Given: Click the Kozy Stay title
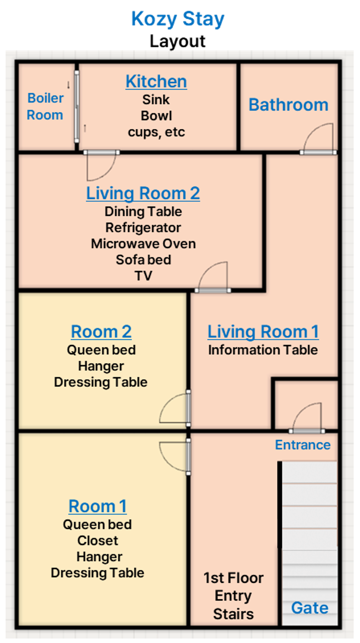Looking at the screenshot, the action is point(178,19).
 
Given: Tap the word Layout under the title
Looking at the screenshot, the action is point(177,41).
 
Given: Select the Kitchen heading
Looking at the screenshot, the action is point(156,81).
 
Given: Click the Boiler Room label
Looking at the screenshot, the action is point(45,106).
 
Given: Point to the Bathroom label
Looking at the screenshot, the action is point(289,105).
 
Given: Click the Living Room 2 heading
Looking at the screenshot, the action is point(143,193).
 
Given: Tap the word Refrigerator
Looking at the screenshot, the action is point(143,227).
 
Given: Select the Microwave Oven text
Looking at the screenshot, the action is point(143,244).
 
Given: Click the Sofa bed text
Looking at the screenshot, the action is point(143,260).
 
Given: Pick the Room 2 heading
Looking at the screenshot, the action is point(101,331).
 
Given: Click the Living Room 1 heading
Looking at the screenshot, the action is point(263,331).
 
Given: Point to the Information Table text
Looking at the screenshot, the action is point(263,350).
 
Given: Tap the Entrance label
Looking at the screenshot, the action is point(303,445).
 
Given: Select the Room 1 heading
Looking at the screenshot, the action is point(97,506).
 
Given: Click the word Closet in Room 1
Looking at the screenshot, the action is point(97,540).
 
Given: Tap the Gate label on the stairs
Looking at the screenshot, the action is point(310,608).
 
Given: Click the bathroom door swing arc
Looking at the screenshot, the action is point(310,132).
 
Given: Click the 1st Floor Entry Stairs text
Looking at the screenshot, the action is point(233,596).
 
